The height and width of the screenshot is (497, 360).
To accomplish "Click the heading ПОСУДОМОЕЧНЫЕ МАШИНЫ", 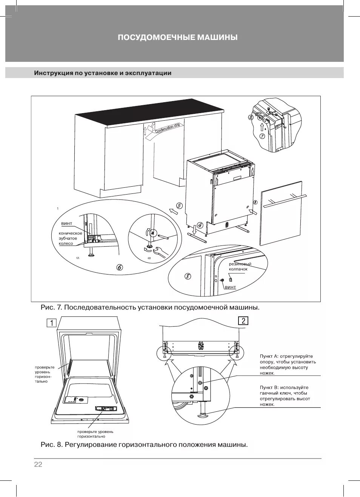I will click(x=178, y=38).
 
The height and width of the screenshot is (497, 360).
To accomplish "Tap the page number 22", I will click(x=38, y=465).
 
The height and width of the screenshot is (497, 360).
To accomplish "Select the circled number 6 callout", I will click(x=120, y=267).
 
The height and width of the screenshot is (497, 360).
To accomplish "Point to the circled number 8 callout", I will click(x=188, y=276).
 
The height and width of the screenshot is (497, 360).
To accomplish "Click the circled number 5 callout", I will click(x=179, y=206).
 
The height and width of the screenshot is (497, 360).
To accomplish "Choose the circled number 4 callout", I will click(x=200, y=225).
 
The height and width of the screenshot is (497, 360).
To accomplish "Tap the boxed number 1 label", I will click(x=52, y=323).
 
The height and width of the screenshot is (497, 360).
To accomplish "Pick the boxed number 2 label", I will click(x=243, y=321).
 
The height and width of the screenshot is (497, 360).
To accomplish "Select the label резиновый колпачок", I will click(x=240, y=267).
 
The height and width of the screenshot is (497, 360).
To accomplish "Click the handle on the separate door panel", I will click(x=285, y=201).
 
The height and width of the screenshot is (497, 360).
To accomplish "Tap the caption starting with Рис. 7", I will click(x=150, y=307).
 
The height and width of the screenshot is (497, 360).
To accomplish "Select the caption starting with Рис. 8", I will click(x=144, y=445).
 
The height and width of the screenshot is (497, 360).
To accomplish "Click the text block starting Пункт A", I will click(x=288, y=365).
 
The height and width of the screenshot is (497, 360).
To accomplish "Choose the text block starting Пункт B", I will click(x=285, y=396).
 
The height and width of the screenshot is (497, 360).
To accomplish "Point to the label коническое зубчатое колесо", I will click(x=70, y=238).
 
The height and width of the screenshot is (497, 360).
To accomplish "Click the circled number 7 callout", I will click(x=262, y=136).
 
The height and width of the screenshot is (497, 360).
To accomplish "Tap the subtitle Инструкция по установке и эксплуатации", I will click(x=103, y=73).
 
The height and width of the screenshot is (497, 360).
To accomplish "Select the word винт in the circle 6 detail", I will click(x=67, y=224).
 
